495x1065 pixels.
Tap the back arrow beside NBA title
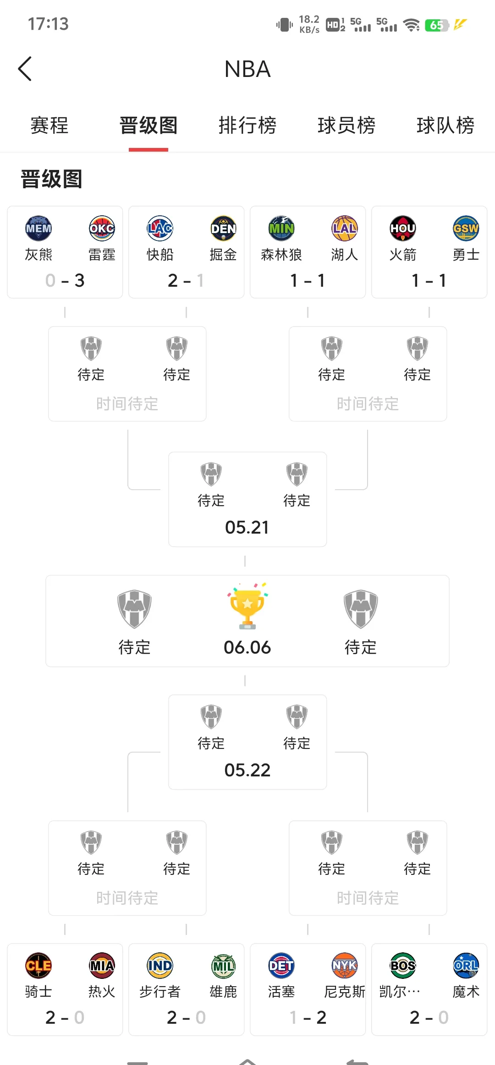[25, 69]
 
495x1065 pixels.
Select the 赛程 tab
[49, 126]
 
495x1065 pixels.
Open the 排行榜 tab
[247, 126]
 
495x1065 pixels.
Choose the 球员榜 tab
[346, 126]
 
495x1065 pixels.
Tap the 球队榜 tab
[445, 126]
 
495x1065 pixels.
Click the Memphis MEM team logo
[38, 228]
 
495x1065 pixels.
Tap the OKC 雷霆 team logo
[102, 228]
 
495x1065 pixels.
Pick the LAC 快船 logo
[160, 228]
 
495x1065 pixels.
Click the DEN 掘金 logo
[223, 228]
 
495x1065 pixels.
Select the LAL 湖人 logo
[345, 228]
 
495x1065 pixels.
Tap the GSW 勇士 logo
[466, 228]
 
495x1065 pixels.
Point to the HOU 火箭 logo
[403, 228]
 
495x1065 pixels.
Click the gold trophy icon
[247, 606]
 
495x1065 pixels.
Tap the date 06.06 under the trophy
[247, 648]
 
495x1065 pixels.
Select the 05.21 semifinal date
[247, 527]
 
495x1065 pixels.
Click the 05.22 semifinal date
[247, 770]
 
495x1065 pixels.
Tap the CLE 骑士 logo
[38, 965]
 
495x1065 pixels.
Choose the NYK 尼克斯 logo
[345, 965]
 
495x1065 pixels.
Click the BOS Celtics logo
[403, 965]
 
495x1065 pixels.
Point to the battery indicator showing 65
[436, 25]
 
